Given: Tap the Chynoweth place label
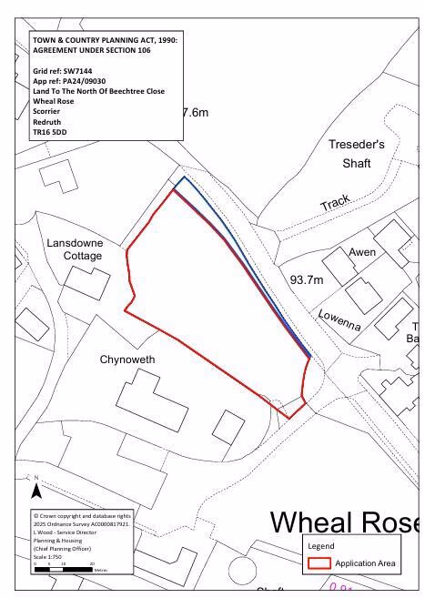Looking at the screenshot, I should (x=127, y=360).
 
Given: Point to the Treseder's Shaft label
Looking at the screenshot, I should (x=356, y=154).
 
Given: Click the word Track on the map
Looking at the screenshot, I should (x=336, y=203).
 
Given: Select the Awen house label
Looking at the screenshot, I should (x=362, y=252).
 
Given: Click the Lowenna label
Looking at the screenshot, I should (x=339, y=320).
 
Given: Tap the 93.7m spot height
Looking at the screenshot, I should (x=306, y=279).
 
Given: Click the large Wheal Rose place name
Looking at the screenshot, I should (x=346, y=522).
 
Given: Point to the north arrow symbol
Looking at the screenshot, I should (x=36, y=491).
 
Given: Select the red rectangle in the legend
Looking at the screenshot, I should (x=319, y=563).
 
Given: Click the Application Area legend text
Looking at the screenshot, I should (x=365, y=564).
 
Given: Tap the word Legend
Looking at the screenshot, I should (x=321, y=546).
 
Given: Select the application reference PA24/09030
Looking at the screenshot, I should (x=69, y=80).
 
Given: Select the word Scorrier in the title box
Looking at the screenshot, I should (x=48, y=111).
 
